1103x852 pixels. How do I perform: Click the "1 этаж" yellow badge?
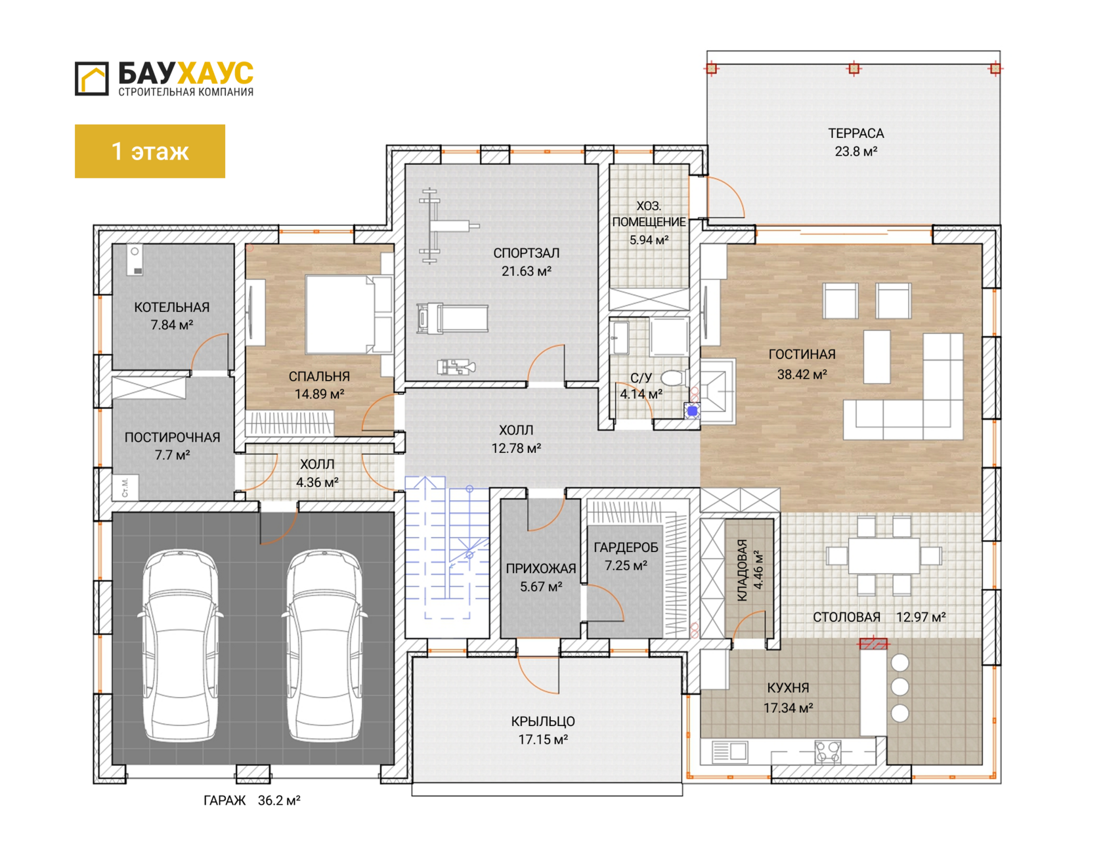click(x=150, y=151)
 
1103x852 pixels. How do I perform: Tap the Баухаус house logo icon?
click(x=91, y=79)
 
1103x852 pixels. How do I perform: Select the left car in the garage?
click(x=181, y=646)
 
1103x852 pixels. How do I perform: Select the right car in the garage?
click(x=324, y=646)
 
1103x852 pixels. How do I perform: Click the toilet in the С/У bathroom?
click(x=673, y=377)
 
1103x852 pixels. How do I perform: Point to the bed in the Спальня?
click(x=349, y=314)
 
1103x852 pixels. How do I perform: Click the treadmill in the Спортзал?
click(x=452, y=318)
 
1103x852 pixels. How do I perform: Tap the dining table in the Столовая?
click(x=884, y=555)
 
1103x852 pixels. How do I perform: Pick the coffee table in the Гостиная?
click(x=876, y=356)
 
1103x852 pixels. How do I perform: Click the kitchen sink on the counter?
click(x=729, y=751)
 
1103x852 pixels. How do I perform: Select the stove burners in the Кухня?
click(x=828, y=752)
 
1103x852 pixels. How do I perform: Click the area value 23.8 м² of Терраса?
click(x=856, y=152)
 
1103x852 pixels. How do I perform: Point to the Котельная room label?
click(x=172, y=307)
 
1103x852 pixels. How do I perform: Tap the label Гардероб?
click(x=626, y=547)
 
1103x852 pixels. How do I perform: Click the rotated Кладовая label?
click(x=743, y=570)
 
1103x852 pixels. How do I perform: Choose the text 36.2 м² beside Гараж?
click(x=279, y=800)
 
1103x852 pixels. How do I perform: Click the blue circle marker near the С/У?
click(x=693, y=411)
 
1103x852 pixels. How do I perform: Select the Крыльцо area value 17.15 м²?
click(x=543, y=740)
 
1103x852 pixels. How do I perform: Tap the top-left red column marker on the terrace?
click(x=712, y=68)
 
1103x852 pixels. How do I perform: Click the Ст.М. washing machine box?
click(x=125, y=487)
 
